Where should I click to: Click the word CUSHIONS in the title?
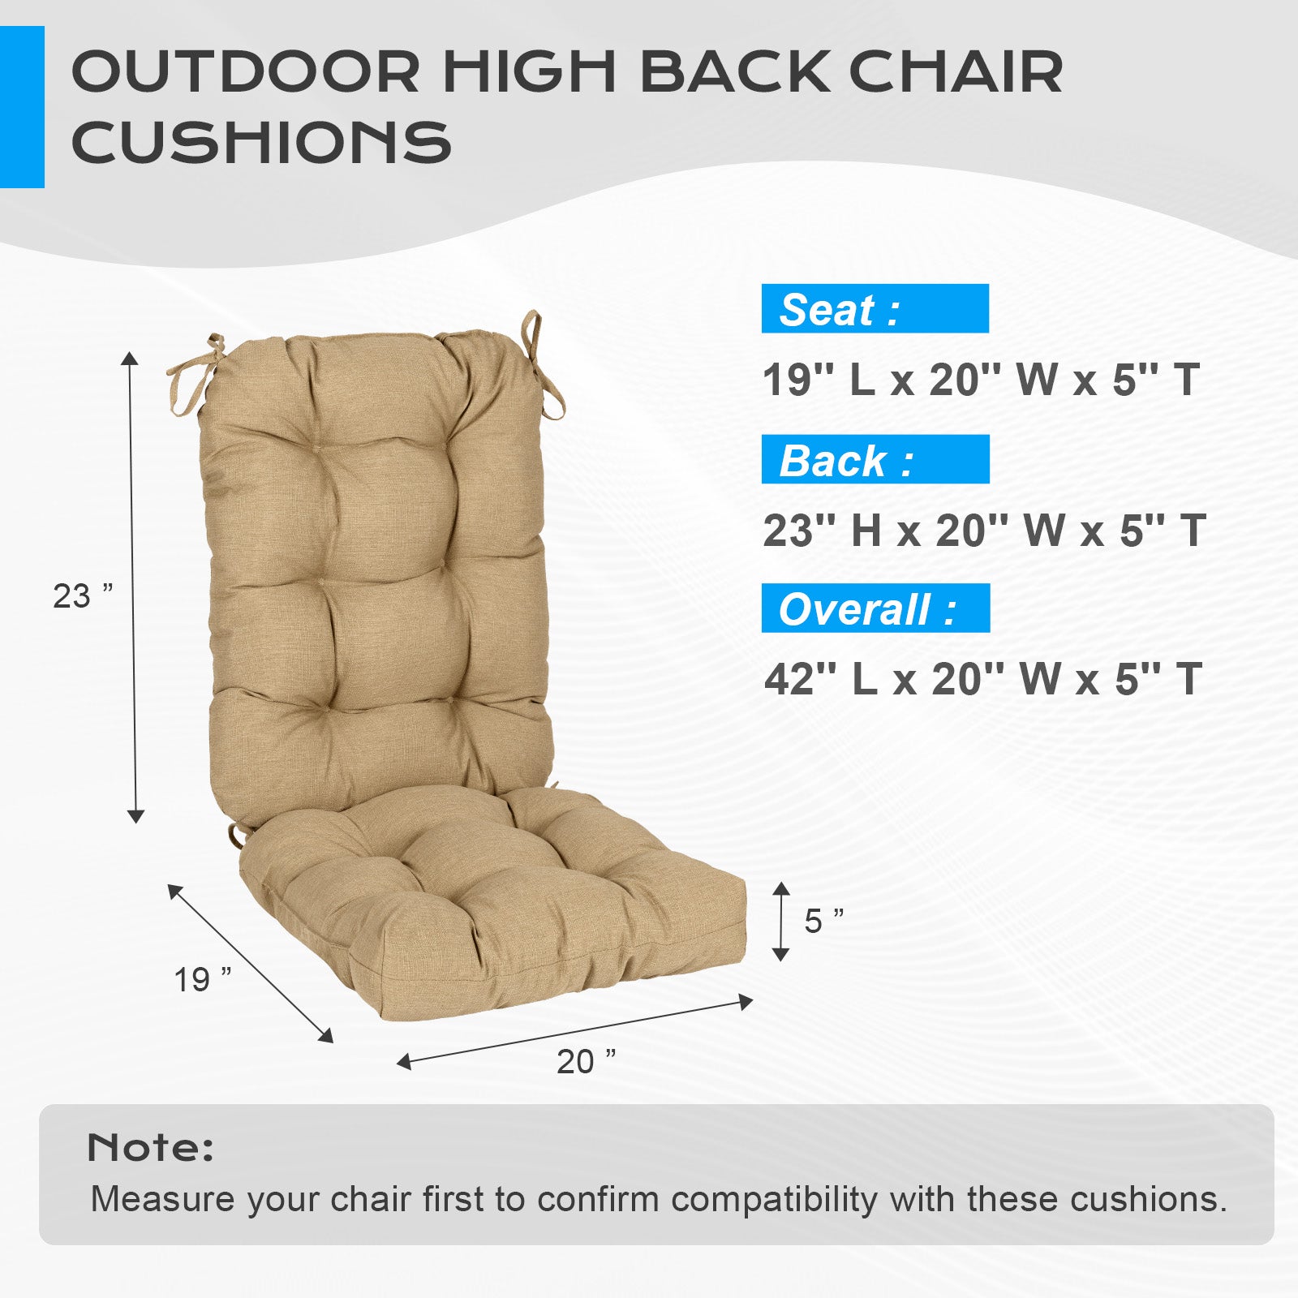[x=261, y=142]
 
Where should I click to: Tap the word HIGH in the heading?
[x=530, y=71]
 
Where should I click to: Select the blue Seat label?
[x=875, y=308]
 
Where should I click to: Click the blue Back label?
[x=875, y=459]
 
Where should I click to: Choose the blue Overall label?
[x=875, y=608]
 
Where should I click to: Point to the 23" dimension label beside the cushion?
[x=83, y=596]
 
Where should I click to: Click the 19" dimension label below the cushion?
[x=203, y=980]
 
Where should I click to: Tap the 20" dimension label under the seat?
[x=586, y=1061]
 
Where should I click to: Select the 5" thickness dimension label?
[x=824, y=921]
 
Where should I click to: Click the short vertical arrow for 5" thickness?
[x=780, y=922]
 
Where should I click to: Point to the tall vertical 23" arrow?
[x=133, y=587]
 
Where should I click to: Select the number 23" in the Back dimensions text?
[x=789, y=531]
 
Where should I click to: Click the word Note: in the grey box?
[x=150, y=1147]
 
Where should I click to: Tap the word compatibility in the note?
[x=774, y=1200]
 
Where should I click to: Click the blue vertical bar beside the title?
[x=22, y=107]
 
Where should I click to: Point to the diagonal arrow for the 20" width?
[x=574, y=1032]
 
